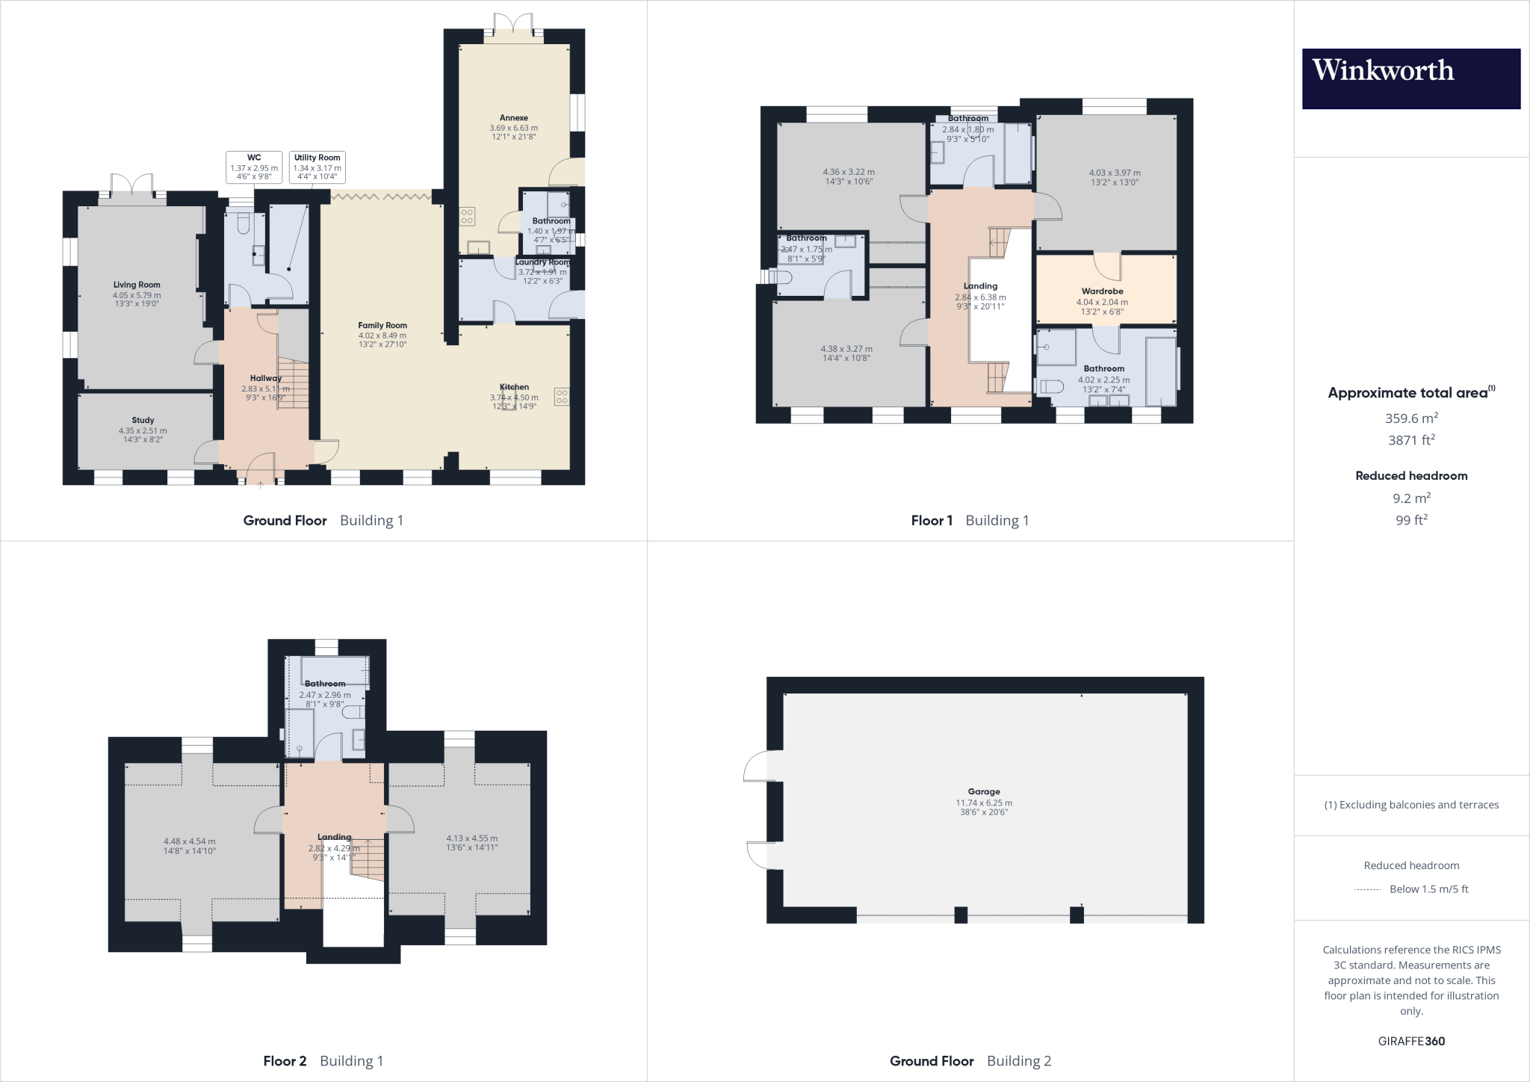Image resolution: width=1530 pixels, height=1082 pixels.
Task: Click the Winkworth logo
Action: click(x=1410, y=78)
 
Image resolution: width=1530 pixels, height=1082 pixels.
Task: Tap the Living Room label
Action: click(x=137, y=285)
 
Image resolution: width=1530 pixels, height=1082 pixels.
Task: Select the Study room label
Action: click(x=143, y=420)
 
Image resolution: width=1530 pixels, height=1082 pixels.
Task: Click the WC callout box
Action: click(x=254, y=167)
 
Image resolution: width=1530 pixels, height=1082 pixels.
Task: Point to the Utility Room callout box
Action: click(x=317, y=167)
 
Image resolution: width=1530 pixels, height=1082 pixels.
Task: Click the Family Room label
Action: click(x=382, y=325)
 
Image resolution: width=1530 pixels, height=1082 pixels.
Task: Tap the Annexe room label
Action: click(x=514, y=117)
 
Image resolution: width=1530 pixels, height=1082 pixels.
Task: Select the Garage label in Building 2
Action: click(x=984, y=791)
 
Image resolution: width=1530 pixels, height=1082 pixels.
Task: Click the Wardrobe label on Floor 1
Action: click(x=1103, y=291)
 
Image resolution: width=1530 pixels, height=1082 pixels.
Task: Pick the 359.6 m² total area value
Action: click(x=1411, y=418)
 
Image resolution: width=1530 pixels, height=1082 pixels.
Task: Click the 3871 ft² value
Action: click(x=1411, y=440)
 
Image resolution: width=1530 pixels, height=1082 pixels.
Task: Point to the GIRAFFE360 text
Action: click(x=1411, y=1041)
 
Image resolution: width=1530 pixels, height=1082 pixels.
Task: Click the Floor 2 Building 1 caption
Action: click(x=323, y=1060)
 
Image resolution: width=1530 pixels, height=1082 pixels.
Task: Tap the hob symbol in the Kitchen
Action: click(x=561, y=397)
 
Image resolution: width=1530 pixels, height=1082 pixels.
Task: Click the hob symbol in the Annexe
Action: click(x=467, y=216)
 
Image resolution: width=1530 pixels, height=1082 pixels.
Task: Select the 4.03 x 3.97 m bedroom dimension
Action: click(x=1115, y=173)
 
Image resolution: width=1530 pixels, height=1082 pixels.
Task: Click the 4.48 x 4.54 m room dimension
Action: click(x=190, y=841)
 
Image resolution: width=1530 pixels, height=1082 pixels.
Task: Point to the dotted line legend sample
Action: click(x=1367, y=889)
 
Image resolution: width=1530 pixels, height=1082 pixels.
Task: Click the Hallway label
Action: click(x=266, y=378)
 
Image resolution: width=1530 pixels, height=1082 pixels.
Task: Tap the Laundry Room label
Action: click(x=543, y=262)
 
